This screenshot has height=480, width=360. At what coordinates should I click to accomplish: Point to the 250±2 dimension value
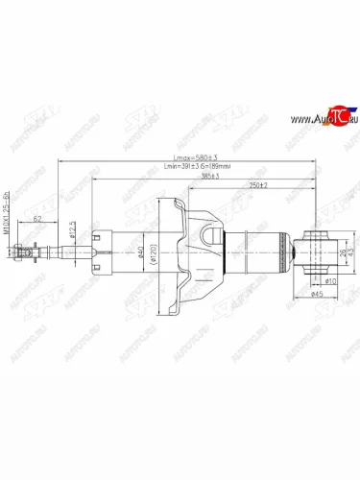coord(255,186)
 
